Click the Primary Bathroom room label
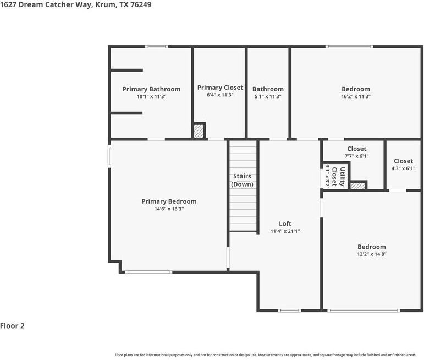click(x=151, y=89)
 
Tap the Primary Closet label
click(x=220, y=88)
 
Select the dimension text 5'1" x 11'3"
click(x=268, y=96)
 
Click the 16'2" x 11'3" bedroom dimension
click(x=356, y=96)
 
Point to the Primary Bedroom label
click(x=169, y=201)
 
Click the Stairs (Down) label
click(x=243, y=180)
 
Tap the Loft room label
click(x=285, y=223)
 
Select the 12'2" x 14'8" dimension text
click(x=372, y=254)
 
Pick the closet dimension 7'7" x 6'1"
click(x=356, y=156)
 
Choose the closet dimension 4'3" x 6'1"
click(x=403, y=168)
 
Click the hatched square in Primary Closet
click(x=199, y=131)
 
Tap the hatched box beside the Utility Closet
click(x=358, y=186)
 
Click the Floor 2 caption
click(x=13, y=326)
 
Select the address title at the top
click(x=76, y=4)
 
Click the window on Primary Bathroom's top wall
click(x=157, y=47)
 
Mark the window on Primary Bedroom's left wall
click(x=109, y=154)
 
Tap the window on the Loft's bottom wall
click(x=289, y=310)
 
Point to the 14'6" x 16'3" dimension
click(x=169, y=209)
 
